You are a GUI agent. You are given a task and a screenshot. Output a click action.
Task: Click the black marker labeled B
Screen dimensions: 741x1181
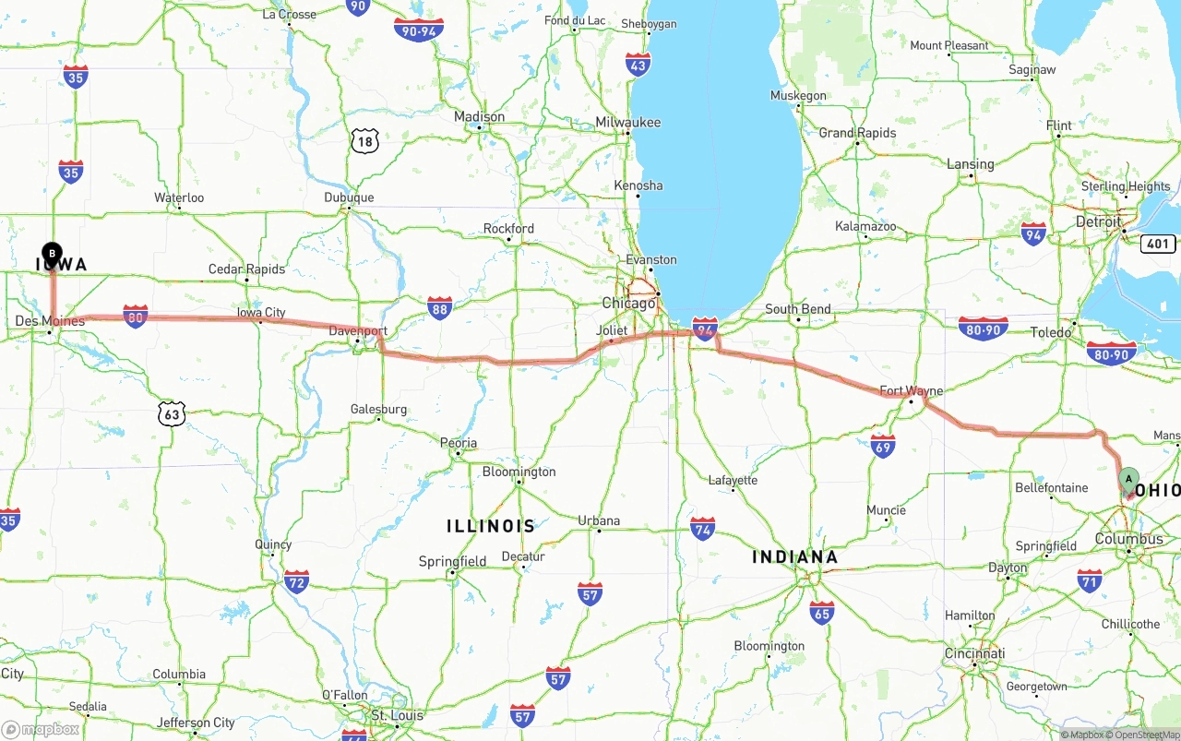(x=53, y=252)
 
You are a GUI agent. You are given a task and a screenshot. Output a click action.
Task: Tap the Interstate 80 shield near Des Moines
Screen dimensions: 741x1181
(x=136, y=317)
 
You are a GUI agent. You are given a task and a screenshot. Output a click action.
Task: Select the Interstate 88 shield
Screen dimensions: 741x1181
(x=439, y=308)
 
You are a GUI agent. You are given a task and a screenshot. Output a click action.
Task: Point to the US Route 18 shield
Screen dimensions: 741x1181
(x=365, y=141)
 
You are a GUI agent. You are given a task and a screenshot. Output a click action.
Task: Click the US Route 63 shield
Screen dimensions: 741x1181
(x=172, y=414)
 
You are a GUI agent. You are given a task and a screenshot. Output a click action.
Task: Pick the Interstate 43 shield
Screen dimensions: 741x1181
(x=638, y=64)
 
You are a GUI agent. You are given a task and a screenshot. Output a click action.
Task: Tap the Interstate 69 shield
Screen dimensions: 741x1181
(x=883, y=447)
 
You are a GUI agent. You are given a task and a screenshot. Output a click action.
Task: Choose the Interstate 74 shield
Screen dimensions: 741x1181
(x=703, y=529)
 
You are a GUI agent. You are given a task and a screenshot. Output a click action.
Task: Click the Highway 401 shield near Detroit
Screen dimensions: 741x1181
(x=1158, y=244)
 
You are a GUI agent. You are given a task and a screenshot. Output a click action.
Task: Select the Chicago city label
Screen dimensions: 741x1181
(x=628, y=303)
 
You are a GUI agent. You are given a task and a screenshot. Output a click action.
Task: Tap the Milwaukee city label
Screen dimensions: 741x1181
(x=628, y=122)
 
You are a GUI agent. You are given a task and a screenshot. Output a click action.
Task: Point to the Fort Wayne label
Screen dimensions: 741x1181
(x=911, y=391)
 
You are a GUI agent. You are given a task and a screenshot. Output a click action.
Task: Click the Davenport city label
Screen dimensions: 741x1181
(x=358, y=330)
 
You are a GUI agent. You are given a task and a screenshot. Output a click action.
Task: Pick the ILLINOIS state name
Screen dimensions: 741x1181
(x=491, y=526)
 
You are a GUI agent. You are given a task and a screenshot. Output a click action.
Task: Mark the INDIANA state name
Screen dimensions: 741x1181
(x=795, y=556)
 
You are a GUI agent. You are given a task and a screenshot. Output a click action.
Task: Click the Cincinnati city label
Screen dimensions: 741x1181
(x=974, y=653)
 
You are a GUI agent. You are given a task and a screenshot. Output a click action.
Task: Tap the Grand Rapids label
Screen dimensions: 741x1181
(x=857, y=133)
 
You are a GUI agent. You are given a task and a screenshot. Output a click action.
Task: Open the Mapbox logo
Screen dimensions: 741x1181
(x=41, y=729)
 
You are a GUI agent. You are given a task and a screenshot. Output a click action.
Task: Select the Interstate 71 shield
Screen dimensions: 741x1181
(x=1090, y=580)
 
